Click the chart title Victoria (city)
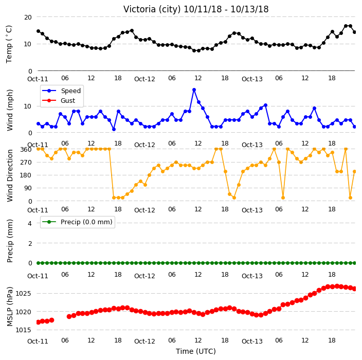pyautogui.click(x=152, y=9)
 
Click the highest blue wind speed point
pyautogui.click(x=194, y=90)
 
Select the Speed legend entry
pyautogui.click(x=61, y=91)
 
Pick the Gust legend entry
pyautogui.click(x=59, y=100)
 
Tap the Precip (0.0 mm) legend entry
pyautogui.click(x=77, y=222)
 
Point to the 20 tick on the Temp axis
pyautogui.click(x=28, y=17)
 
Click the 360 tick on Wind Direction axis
pyautogui.click(x=26, y=150)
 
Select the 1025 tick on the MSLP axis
pyautogui.click(x=23, y=294)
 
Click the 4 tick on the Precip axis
pyautogui.click(x=30, y=223)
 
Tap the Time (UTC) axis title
pyautogui.click(x=196, y=351)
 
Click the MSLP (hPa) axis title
pyautogui.click(x=10, y=307)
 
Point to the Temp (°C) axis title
pyautogui.click(x=9, y=44)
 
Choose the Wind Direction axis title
pyautogui.click(x=10, y=176)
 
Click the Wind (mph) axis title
pyautogui.click(x=10, y=111)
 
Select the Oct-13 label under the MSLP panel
pyautogui.click(x=252, y=341)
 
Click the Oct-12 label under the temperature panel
pyautogui.click(x=144, y=79)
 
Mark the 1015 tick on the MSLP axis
pyautogui.click(x=23, y=330)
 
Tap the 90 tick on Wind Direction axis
pyautogui.click(x=28, y=188)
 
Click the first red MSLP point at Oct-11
pyautogui.click(x=39, y=322)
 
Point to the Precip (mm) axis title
pyautogui.click(x=10, y=241)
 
